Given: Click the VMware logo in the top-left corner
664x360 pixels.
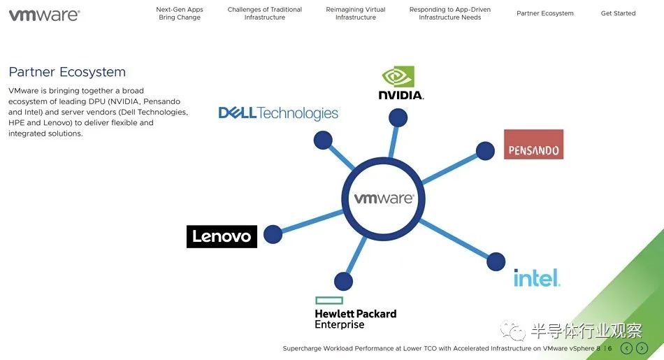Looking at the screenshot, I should pyautogui.click(x=43, y=15).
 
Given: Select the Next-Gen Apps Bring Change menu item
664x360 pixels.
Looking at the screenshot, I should pyautogui.click(x=180, y=14).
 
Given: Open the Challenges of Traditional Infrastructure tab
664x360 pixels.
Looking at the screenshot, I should pyautogui.click(x=265, y=14).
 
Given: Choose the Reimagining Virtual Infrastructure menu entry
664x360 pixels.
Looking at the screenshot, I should pyautogui.click(x=356, y=14).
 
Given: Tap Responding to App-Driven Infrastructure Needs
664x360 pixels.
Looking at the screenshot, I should pyautogui.click(x=450, y=14).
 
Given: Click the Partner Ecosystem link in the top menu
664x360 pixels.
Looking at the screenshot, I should pyautogui.click(x=545, y=13).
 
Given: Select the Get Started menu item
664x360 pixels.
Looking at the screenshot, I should pyautogui.click(x=619, y=13).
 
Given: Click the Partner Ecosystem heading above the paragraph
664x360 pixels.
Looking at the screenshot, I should pyautogui.click(x=67, y=72).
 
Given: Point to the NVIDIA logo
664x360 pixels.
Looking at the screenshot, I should pyautogui.click(x=400, y=83).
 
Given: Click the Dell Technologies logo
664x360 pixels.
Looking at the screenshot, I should pyautogui.click(x=278, y=113).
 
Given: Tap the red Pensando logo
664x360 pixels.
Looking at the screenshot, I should pyautogui.click(x=533, y=144).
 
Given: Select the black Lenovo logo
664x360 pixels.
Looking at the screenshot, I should pyautogui.click(x=222, y=236).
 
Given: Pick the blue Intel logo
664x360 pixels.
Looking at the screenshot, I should pyautogui.click(x=537, y=278).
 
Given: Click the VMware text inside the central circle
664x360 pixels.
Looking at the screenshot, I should pyautogui.click(x=384, y=199).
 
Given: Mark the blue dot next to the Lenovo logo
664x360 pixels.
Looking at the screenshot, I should pyautogui.click(x=273, y=234).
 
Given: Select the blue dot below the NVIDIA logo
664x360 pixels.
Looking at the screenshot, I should pyautogui.click(x=398, y=117).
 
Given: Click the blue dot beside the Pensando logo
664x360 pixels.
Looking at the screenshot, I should pyautogui.click(x=485, y=150).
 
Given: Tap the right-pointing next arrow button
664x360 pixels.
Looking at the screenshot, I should pyautogui.click(x=642, y=348).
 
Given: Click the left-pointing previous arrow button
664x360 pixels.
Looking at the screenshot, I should pyautogui.click(x=626, y=348).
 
